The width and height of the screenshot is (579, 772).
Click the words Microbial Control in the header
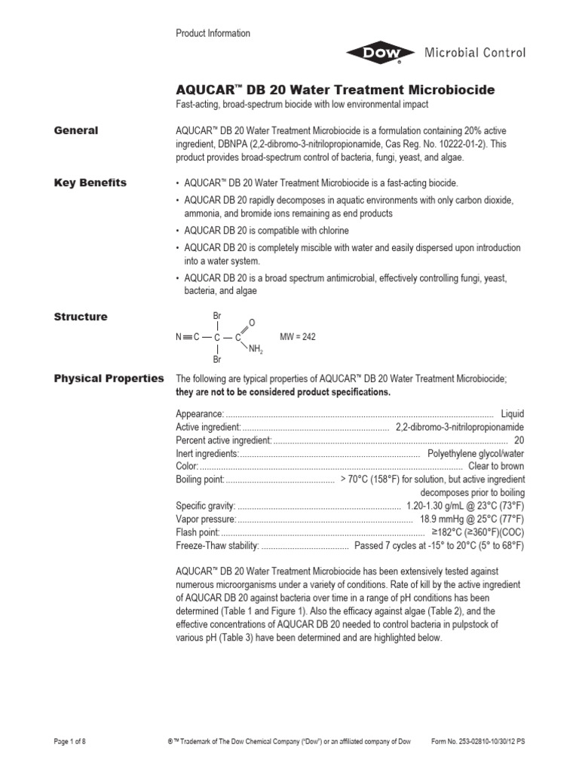coord(475,53)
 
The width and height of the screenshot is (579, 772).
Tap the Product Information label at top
coord(213,33)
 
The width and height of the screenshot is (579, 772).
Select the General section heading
coord(75,130)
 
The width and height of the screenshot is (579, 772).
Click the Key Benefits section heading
coord(90,183)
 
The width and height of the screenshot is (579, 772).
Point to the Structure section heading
coord(81,317)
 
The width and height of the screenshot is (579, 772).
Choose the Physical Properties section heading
coord(109,378)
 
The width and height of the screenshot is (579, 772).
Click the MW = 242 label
coord(298,337)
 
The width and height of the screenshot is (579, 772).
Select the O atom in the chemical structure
coord(252,322)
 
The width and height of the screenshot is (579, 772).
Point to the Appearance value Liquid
coord(511,414)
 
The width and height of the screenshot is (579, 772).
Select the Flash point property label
coord(197,532)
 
